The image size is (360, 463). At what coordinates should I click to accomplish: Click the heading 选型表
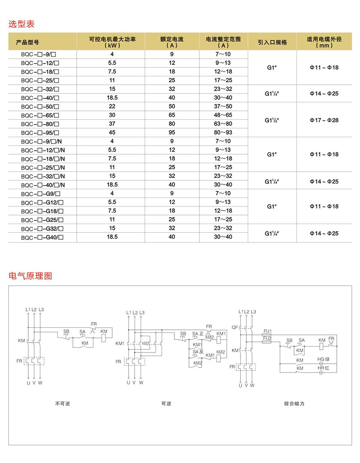[21, 24]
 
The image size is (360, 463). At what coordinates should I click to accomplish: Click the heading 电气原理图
[30, 276]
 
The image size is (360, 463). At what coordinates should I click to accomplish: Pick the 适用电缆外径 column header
[324, 42]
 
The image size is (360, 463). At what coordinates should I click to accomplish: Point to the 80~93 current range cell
[223, 132]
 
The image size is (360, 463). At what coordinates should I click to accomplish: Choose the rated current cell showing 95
[172, 132]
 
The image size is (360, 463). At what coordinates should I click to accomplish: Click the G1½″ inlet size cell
[273, 120]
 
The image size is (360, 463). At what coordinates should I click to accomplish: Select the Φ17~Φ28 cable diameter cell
[324, 120]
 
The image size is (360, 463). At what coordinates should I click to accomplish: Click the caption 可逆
[166, 403]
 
